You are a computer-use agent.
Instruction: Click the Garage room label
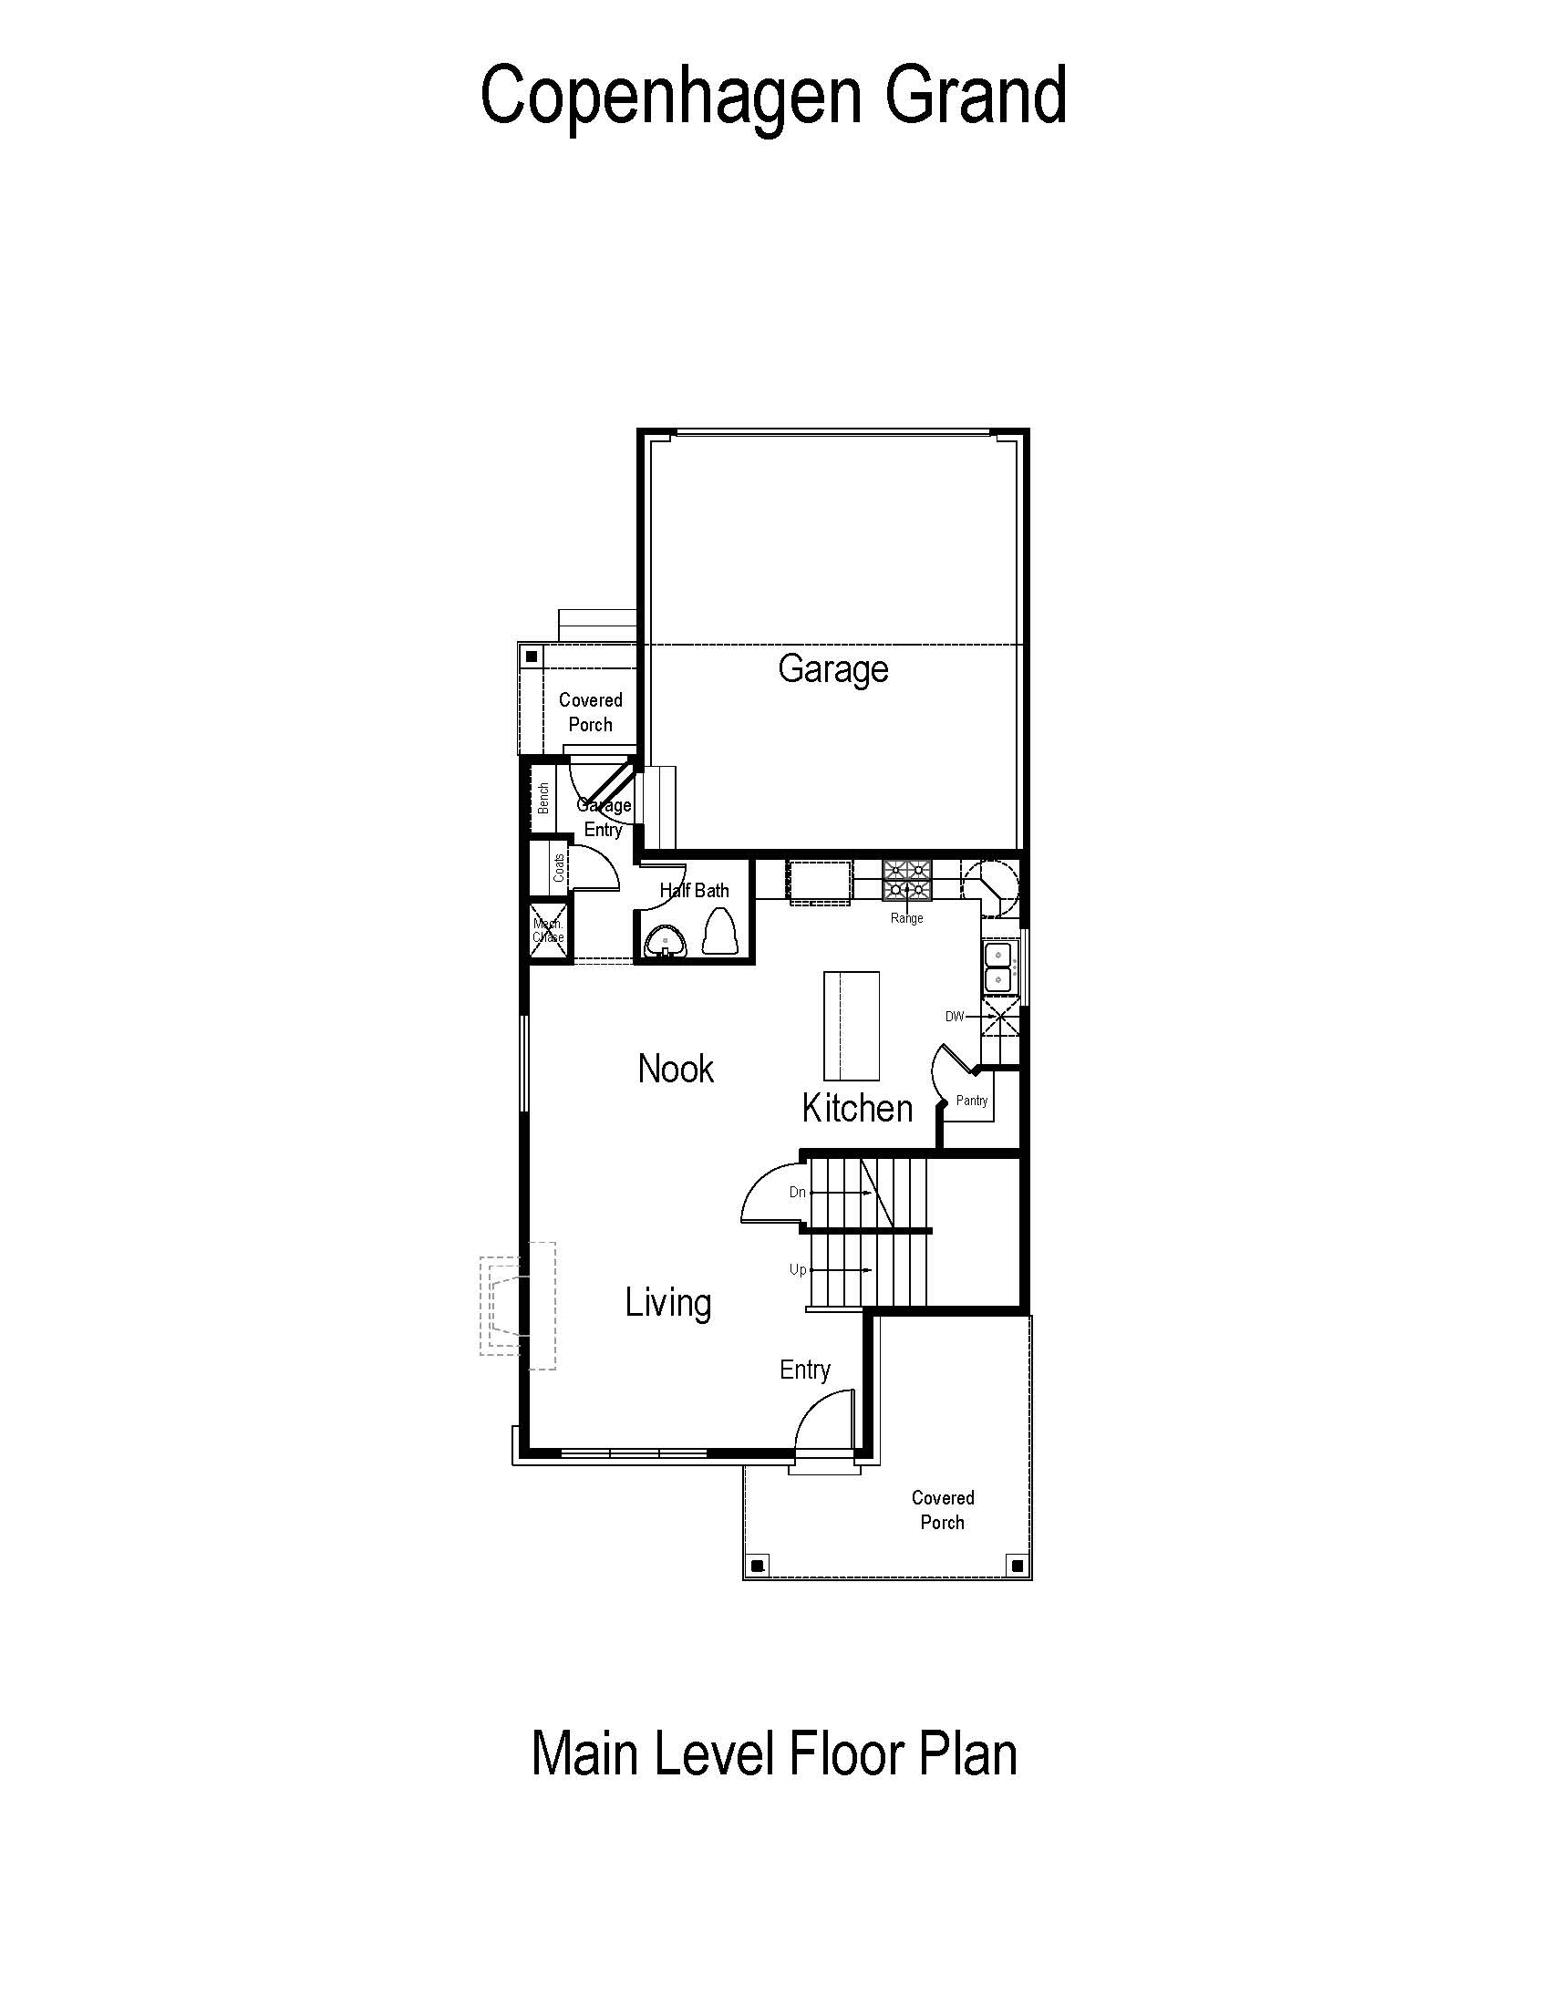coord(832,669)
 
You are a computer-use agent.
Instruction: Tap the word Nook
coord(676,1070)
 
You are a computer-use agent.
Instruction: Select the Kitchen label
coord(857,1109)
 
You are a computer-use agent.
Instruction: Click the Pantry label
coord(972,1101)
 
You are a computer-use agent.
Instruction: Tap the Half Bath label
coord(694,890)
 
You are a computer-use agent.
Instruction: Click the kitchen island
coord(852,1026)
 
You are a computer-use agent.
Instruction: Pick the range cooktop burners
coord(906,880)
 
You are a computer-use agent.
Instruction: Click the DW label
coord(955,1017)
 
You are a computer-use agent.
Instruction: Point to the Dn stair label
coord(797,1193)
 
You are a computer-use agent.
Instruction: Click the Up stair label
coord(798,1269)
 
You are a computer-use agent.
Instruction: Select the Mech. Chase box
coord(548,931)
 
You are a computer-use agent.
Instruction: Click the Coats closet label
coord(559,868)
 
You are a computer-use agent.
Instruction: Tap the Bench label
coord(543,798)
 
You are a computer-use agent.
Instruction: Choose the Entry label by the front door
coord(804,1370)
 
